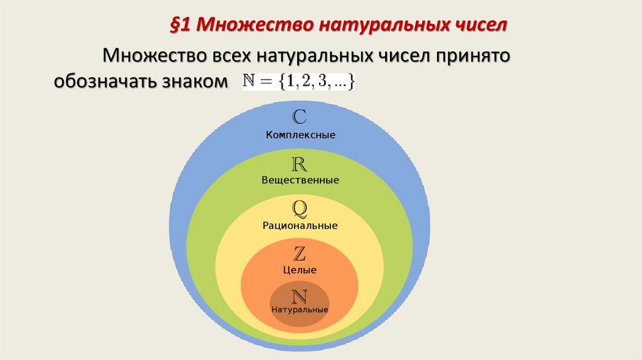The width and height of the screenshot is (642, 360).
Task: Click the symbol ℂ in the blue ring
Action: pos(300,117)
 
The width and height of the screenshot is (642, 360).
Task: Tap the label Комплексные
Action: pos(300,135)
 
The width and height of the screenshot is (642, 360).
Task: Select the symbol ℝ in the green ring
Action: pos(300,164)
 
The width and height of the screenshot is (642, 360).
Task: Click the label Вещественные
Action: pos(300,181)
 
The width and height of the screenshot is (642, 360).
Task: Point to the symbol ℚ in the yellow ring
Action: pos(300,208)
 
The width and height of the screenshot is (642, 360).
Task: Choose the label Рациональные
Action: pos(300,225)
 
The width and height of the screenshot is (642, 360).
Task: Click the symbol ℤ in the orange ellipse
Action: pos(300,254)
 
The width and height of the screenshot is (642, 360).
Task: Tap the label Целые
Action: pos(300,270)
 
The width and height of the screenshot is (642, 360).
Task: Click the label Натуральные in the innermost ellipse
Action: pos(300,310)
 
